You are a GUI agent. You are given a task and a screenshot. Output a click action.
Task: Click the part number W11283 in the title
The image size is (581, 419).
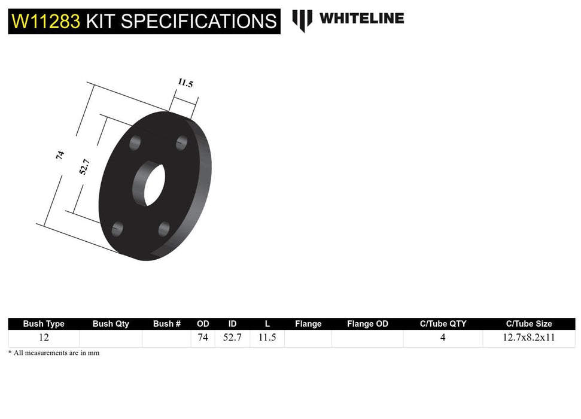point(45,22)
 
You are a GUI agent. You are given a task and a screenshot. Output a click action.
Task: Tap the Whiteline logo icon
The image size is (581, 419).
point(302,20)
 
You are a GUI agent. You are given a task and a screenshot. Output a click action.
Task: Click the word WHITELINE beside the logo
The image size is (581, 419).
point(361,19)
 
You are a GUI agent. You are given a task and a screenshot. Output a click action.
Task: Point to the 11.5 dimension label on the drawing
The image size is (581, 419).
point(185,83)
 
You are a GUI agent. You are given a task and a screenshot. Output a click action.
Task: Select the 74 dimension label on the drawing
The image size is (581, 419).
point(60,154)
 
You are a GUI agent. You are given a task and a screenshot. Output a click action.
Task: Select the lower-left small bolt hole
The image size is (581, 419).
point(118,227)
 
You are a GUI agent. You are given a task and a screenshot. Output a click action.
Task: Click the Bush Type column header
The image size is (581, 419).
point(44,324)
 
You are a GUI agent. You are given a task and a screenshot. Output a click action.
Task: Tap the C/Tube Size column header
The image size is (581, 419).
point(529,324)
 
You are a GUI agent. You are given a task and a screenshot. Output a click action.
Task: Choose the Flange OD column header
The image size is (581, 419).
point(367,324)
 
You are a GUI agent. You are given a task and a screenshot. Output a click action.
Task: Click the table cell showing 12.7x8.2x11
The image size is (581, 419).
point(529,338)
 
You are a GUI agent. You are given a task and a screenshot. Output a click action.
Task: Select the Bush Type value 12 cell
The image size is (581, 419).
point(44,338)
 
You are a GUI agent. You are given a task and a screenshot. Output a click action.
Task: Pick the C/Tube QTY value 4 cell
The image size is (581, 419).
point(443,338)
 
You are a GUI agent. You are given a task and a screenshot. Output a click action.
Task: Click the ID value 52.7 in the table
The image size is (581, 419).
point(232,338)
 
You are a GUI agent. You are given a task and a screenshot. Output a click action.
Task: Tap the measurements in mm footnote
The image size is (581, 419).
point(54,353)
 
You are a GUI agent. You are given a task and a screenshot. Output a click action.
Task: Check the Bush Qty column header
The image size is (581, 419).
point(111,324)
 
